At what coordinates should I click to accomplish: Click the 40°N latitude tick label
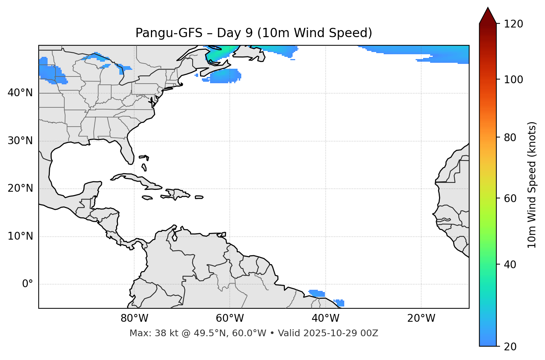click(20, 93)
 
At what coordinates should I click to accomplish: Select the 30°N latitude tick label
click(20, 141)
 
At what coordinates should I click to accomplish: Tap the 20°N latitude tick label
click(20, 188)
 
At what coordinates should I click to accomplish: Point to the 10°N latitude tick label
click(20, 236)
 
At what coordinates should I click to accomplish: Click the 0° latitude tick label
click(28, 284)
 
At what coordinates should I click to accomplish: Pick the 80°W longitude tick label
click(134, 318)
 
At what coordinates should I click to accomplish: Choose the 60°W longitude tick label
click(230, 318)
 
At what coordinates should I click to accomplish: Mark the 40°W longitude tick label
click(325, 318)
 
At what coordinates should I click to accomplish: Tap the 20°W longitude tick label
click(421, 318)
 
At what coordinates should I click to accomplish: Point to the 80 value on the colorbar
click(510, 137)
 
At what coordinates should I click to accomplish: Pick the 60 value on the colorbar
click(510, 198)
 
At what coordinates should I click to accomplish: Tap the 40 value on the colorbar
click(510, 265)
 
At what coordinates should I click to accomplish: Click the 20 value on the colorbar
click(510, 347)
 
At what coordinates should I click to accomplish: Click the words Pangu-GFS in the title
click(169, 33)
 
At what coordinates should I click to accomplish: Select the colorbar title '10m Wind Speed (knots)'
click(532, 185)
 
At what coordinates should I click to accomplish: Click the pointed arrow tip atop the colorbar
click(488, 8)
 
